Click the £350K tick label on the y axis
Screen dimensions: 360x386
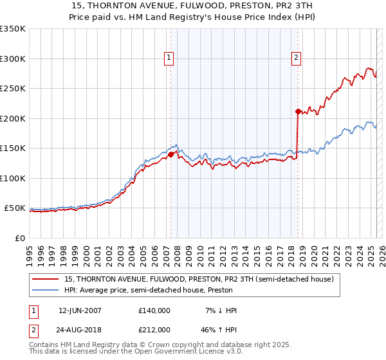12,29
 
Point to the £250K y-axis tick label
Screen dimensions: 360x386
12,89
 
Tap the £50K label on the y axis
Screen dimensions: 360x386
15,208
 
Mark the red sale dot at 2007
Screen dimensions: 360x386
170,154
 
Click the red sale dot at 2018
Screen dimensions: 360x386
298,111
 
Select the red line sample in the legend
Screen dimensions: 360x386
46,279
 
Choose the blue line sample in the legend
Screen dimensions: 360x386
46,290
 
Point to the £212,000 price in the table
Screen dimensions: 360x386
154,330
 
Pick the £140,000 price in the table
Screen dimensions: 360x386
154,310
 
